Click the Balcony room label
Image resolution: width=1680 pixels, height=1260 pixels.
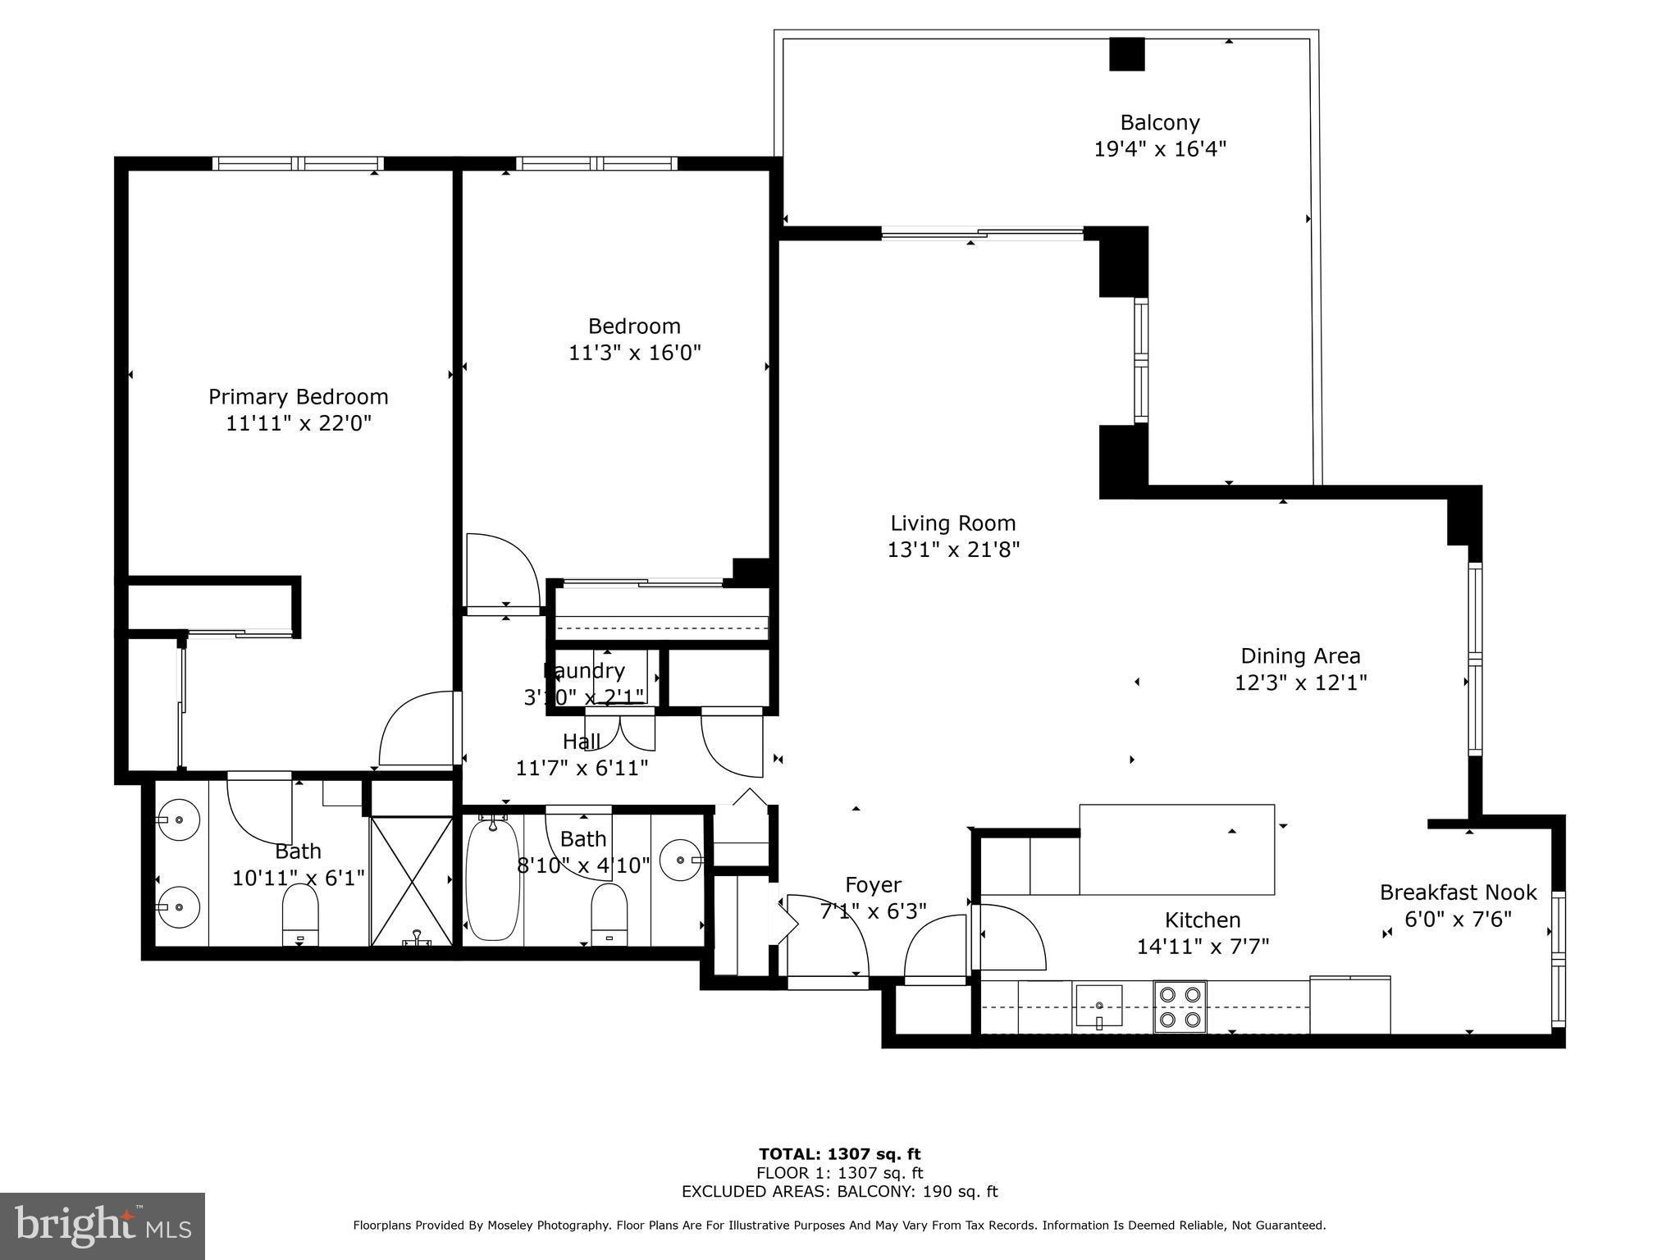1159,123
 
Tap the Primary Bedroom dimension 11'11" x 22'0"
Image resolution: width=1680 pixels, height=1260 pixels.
299,423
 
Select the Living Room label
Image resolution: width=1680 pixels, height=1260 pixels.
952,523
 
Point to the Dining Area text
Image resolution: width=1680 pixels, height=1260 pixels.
1300,656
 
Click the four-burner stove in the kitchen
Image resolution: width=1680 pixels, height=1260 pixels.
1180,1007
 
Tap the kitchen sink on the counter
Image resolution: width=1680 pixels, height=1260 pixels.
1099,1006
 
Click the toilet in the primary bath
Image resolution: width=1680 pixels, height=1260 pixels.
299,917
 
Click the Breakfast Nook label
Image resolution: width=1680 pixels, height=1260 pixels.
1458,892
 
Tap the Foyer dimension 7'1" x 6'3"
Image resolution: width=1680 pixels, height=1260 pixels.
873,911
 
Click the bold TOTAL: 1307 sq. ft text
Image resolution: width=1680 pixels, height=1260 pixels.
839,1155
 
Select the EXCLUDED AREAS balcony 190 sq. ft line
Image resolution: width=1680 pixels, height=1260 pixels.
839,1192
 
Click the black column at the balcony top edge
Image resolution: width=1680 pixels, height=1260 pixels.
1126,54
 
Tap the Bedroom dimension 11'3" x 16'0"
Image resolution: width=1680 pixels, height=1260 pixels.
634,353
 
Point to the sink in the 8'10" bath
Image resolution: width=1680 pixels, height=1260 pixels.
681,860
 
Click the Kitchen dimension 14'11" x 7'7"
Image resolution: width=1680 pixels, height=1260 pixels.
1203,947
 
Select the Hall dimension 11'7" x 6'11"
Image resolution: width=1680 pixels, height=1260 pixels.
582,769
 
